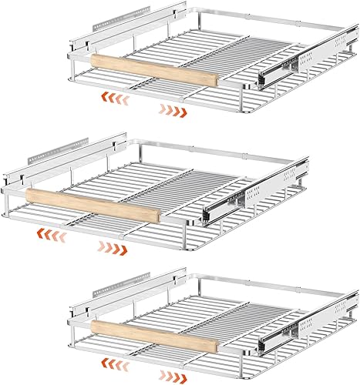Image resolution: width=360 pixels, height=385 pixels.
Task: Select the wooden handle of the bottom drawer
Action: (x=155, y=333)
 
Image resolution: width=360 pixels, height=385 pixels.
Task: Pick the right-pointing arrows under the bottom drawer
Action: (x=173, y=375)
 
